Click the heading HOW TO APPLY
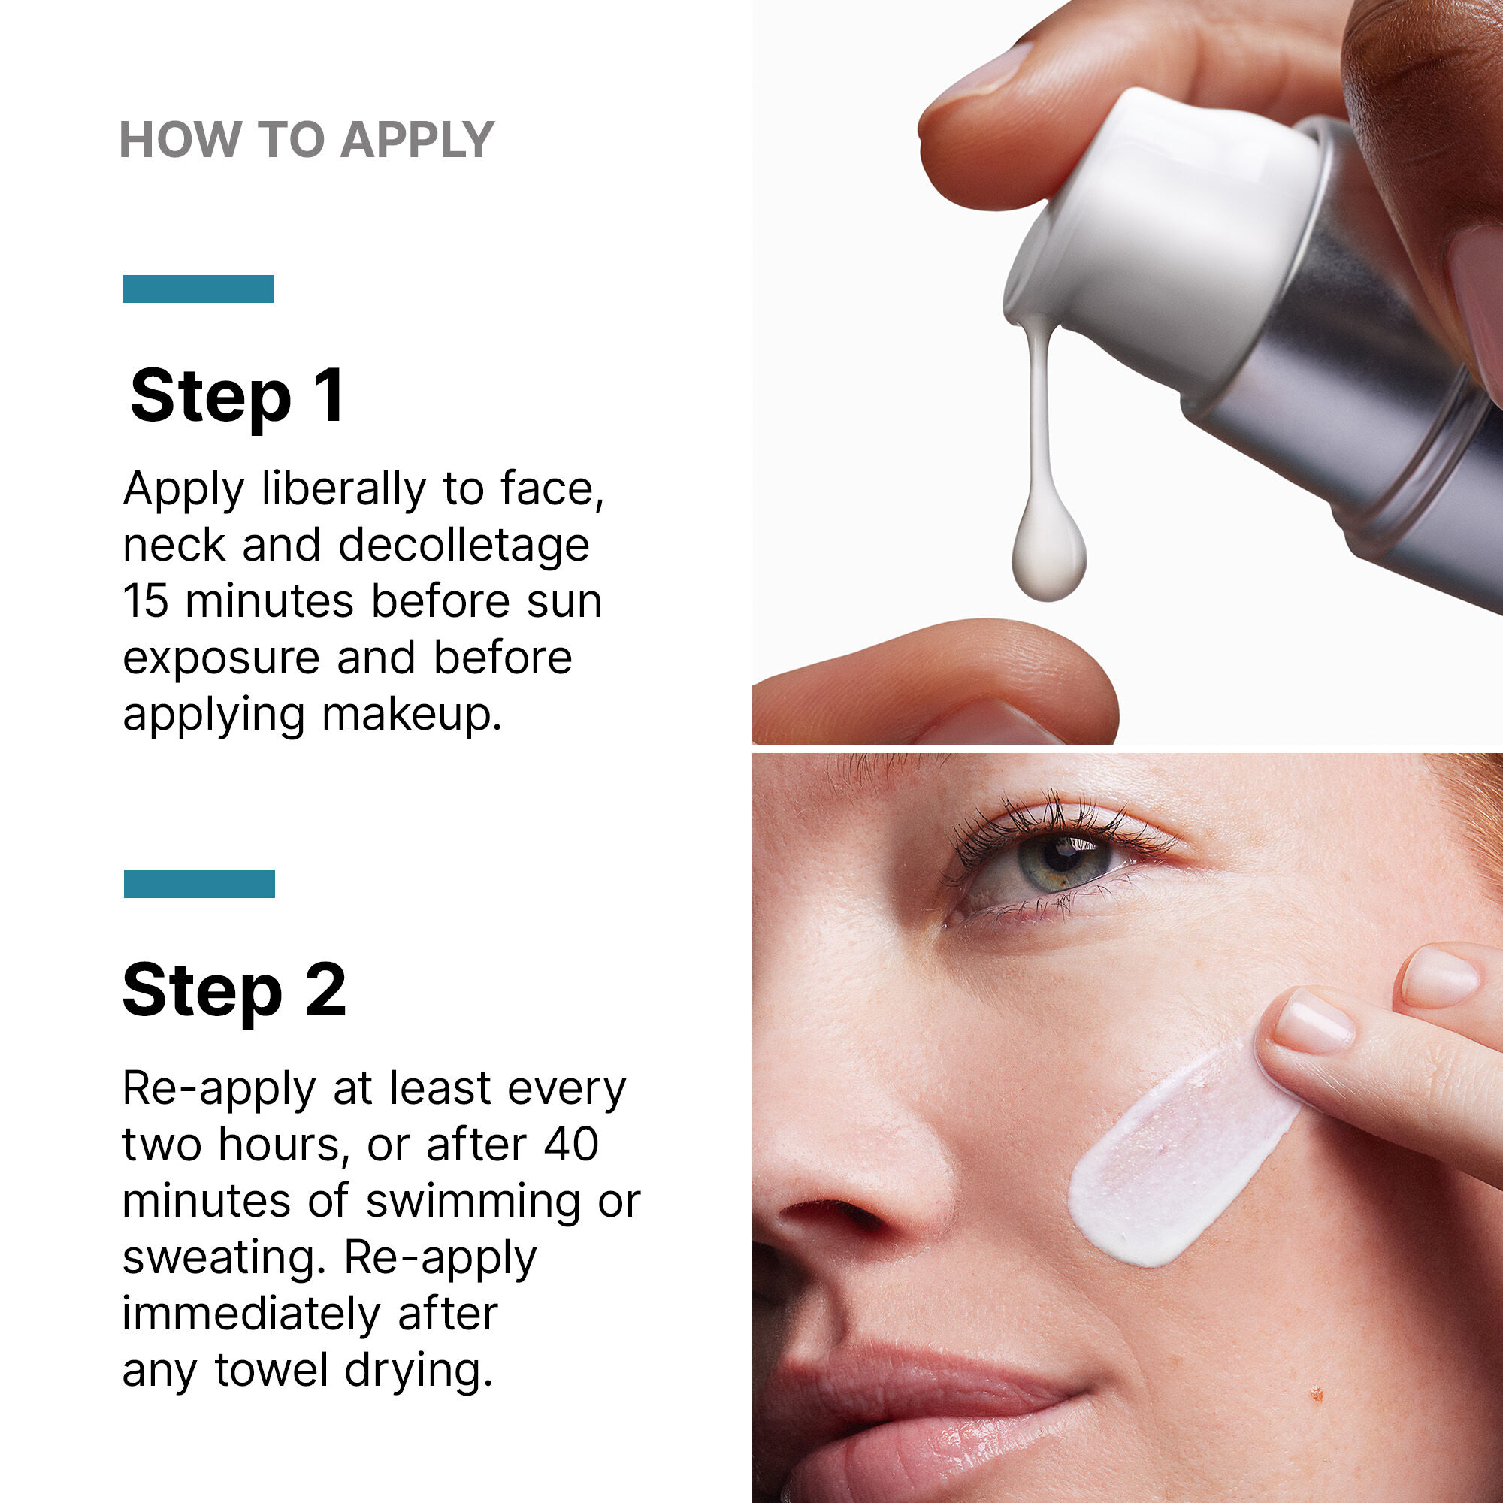(307, 140)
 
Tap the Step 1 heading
(237, 397)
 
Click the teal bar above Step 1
(198, 289)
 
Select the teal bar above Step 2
(199, 884)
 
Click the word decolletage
(464, 546)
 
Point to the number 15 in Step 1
(146, 602)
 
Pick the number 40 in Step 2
(571, 1145)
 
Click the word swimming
(473, 1201)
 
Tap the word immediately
(251, 1314)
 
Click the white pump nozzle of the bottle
(1159, 234)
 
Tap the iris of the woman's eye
(1063, 860)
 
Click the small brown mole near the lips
(1317, 1393)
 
